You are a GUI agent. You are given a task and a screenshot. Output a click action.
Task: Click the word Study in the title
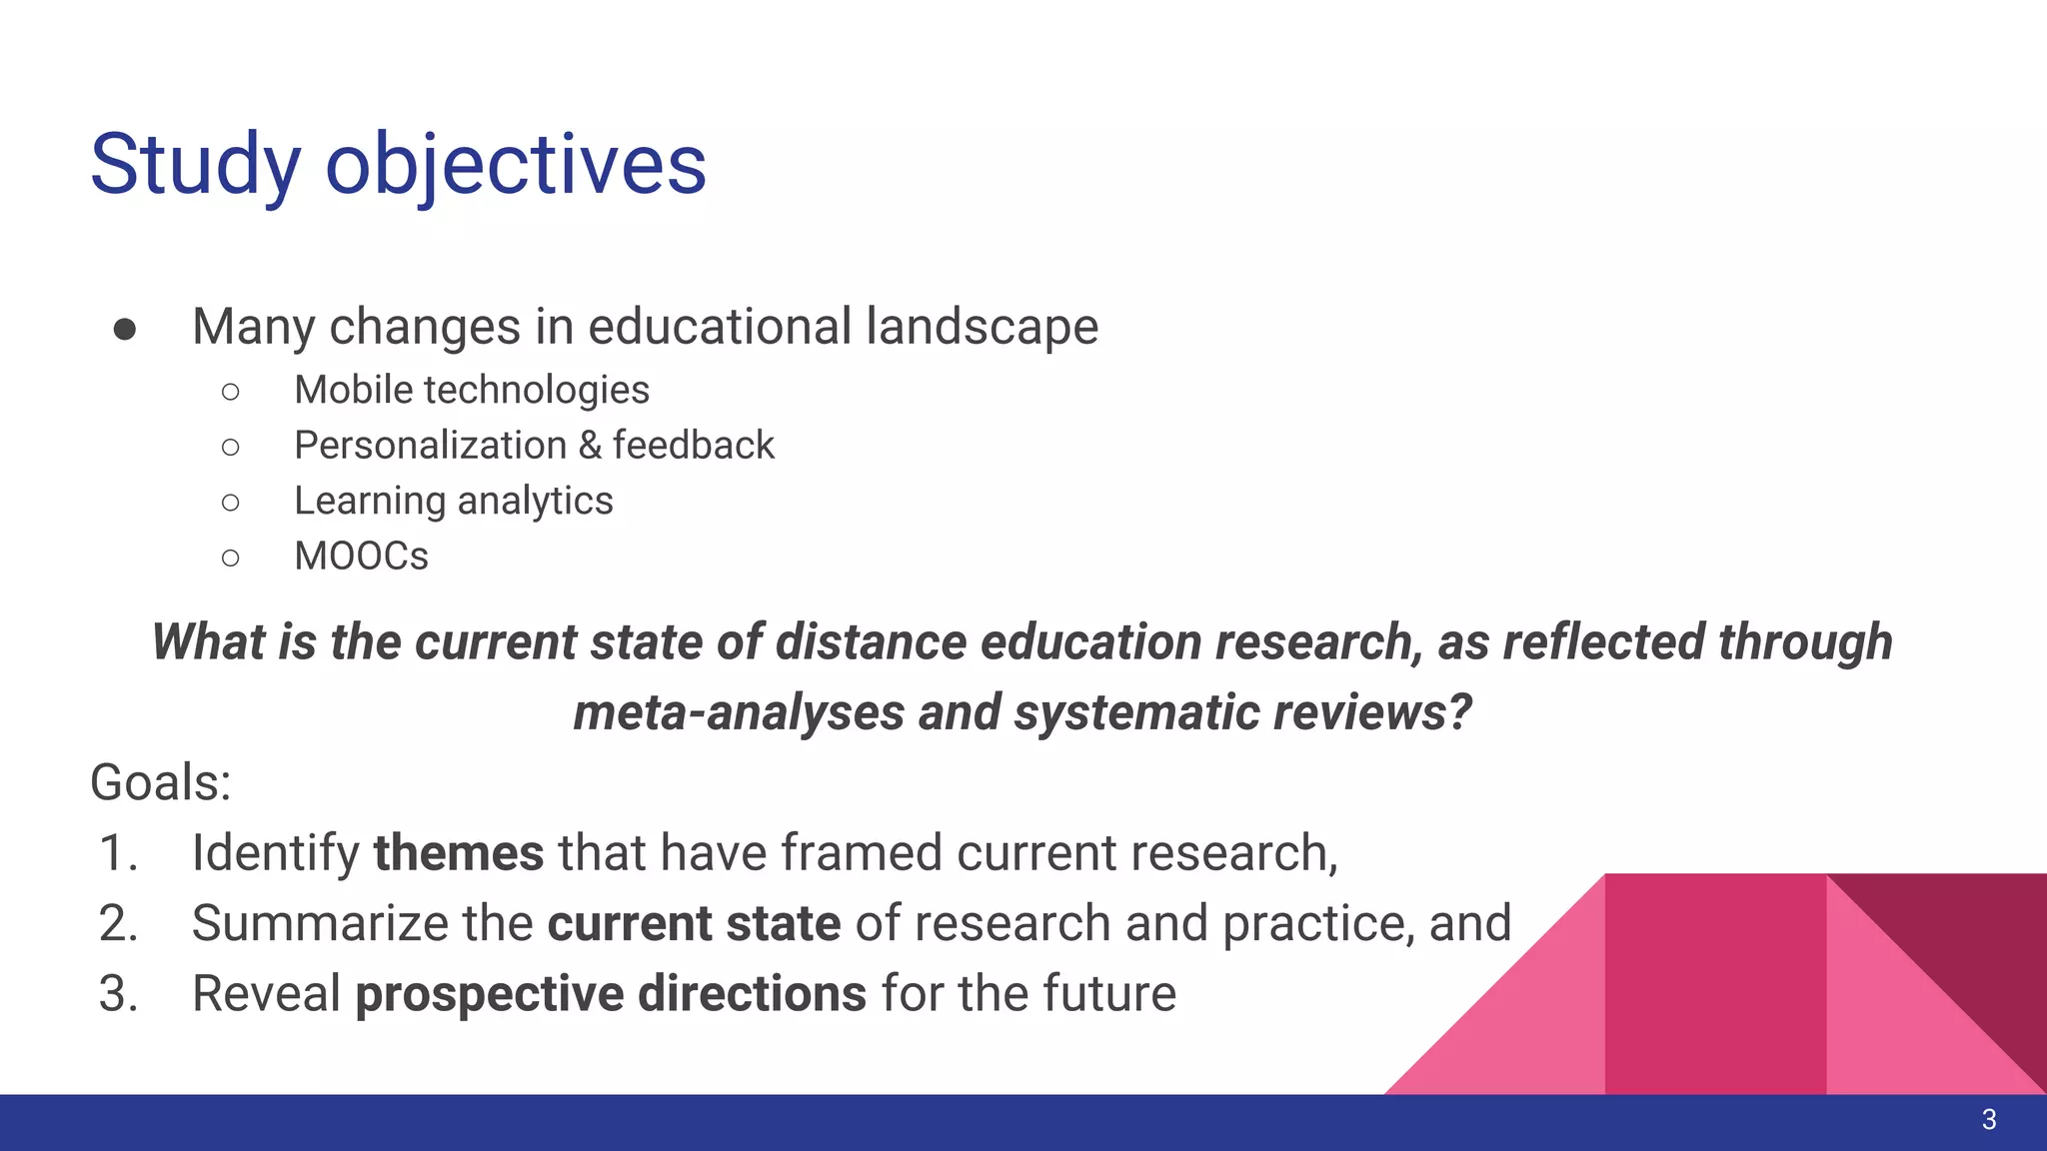click(196, 165)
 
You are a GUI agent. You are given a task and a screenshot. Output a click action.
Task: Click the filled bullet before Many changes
click(125, 330)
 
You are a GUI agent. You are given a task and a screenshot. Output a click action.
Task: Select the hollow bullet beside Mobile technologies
click(231, 392)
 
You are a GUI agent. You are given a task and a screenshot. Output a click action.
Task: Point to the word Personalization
click(430, 446)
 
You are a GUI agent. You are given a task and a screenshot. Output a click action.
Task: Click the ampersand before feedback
click(590, 446)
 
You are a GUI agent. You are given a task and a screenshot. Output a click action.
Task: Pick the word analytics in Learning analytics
click(535, 502)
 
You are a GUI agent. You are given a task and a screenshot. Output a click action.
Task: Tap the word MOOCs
click(361, 557)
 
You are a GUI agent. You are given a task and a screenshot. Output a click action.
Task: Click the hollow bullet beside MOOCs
click(231, 558)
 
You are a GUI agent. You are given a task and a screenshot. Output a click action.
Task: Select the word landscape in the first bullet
click(983, 328)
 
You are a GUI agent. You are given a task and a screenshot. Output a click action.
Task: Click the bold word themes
click(459, 853)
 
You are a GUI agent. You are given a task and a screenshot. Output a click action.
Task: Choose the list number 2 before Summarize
click(118, 923)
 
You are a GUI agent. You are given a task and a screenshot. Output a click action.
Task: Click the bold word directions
click(752, 994)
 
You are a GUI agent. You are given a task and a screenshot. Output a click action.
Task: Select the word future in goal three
click(1109, 994)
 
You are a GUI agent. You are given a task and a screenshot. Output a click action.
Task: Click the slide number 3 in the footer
click(1988, 1120)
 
